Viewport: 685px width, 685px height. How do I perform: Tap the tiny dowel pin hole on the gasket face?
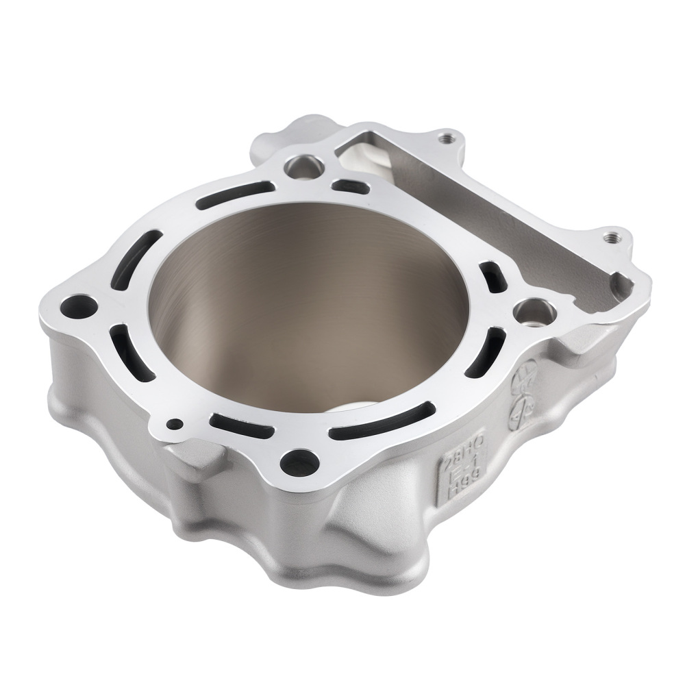176,424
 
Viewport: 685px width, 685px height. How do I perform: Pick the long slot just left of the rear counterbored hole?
233,192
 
